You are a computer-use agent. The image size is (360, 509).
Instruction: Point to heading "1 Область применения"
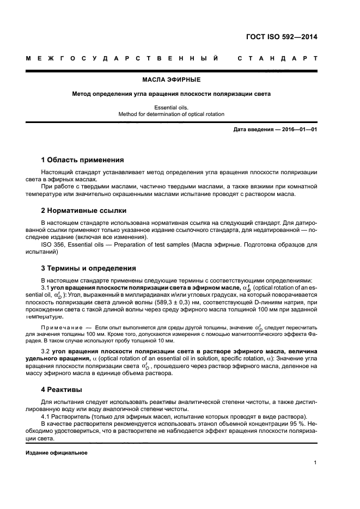(83, 160)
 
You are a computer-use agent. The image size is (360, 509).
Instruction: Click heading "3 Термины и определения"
(89, 268)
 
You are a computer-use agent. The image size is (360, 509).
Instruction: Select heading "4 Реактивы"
(62, 389)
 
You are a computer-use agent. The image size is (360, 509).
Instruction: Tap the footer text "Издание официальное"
(57, 452)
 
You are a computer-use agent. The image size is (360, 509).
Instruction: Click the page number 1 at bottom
(315, 463)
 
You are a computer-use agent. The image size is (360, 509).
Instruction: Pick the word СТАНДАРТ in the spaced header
(277, 58)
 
